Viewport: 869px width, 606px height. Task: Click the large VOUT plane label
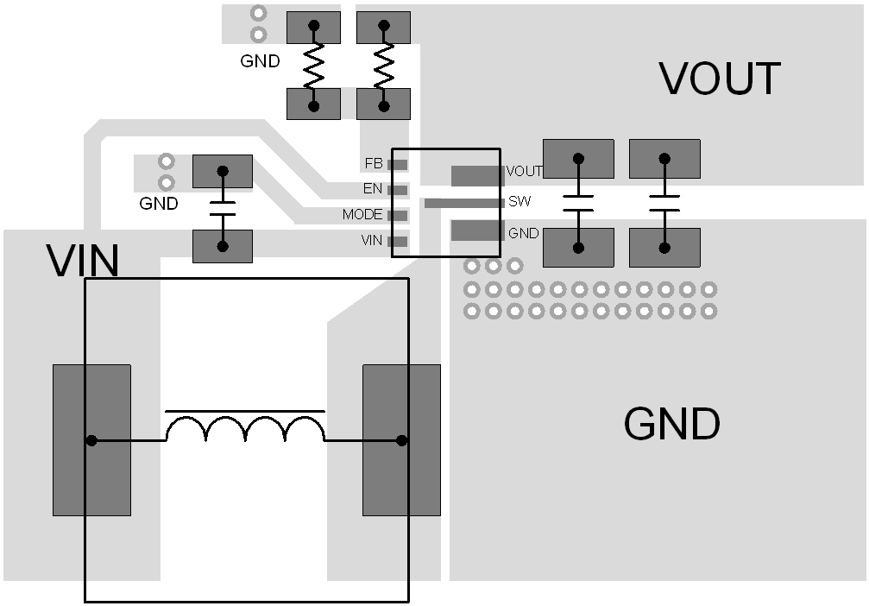coord(720,79)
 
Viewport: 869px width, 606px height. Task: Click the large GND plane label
coord(671,424)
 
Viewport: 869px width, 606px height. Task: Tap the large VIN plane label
coord(83,261)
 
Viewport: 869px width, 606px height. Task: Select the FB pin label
coord(374,163)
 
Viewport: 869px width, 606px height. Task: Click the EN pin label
coord(373,189)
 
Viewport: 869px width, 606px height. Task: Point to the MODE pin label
coord(362,215)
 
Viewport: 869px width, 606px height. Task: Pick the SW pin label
coord(520,202)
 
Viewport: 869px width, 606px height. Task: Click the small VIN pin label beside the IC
coord(372,241)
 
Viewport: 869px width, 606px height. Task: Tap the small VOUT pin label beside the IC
coord(524,171)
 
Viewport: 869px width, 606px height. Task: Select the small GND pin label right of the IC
coord(523,233)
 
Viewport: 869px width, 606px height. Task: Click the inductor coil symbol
coord(245,428)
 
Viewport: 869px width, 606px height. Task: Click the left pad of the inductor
coord(91,440)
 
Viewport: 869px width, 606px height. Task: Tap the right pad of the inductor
coord(401,440)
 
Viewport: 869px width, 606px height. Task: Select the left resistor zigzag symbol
coord(313,66)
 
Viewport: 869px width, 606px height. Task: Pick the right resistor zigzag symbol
coord(383,66)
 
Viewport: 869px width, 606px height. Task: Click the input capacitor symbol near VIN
coord(223,208)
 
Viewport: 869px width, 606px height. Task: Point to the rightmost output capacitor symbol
coord(664,203)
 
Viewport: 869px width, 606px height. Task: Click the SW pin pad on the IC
coord(463,203)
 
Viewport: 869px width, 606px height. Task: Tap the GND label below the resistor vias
coord(260,61)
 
